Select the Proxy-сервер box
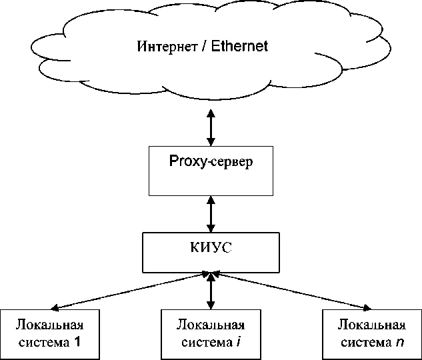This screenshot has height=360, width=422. click(x=211, y=171)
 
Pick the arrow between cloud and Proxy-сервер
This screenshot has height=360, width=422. click(x=211, y=129)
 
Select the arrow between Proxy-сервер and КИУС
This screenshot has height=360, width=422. click(x=211, y=214)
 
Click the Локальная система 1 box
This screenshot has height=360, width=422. click(x=51, y=334)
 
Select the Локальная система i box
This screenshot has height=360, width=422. click(x=211, y=334)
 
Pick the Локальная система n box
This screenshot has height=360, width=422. click(x=371, y=334)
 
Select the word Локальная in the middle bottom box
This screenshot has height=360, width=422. click(x=211, y=326)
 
